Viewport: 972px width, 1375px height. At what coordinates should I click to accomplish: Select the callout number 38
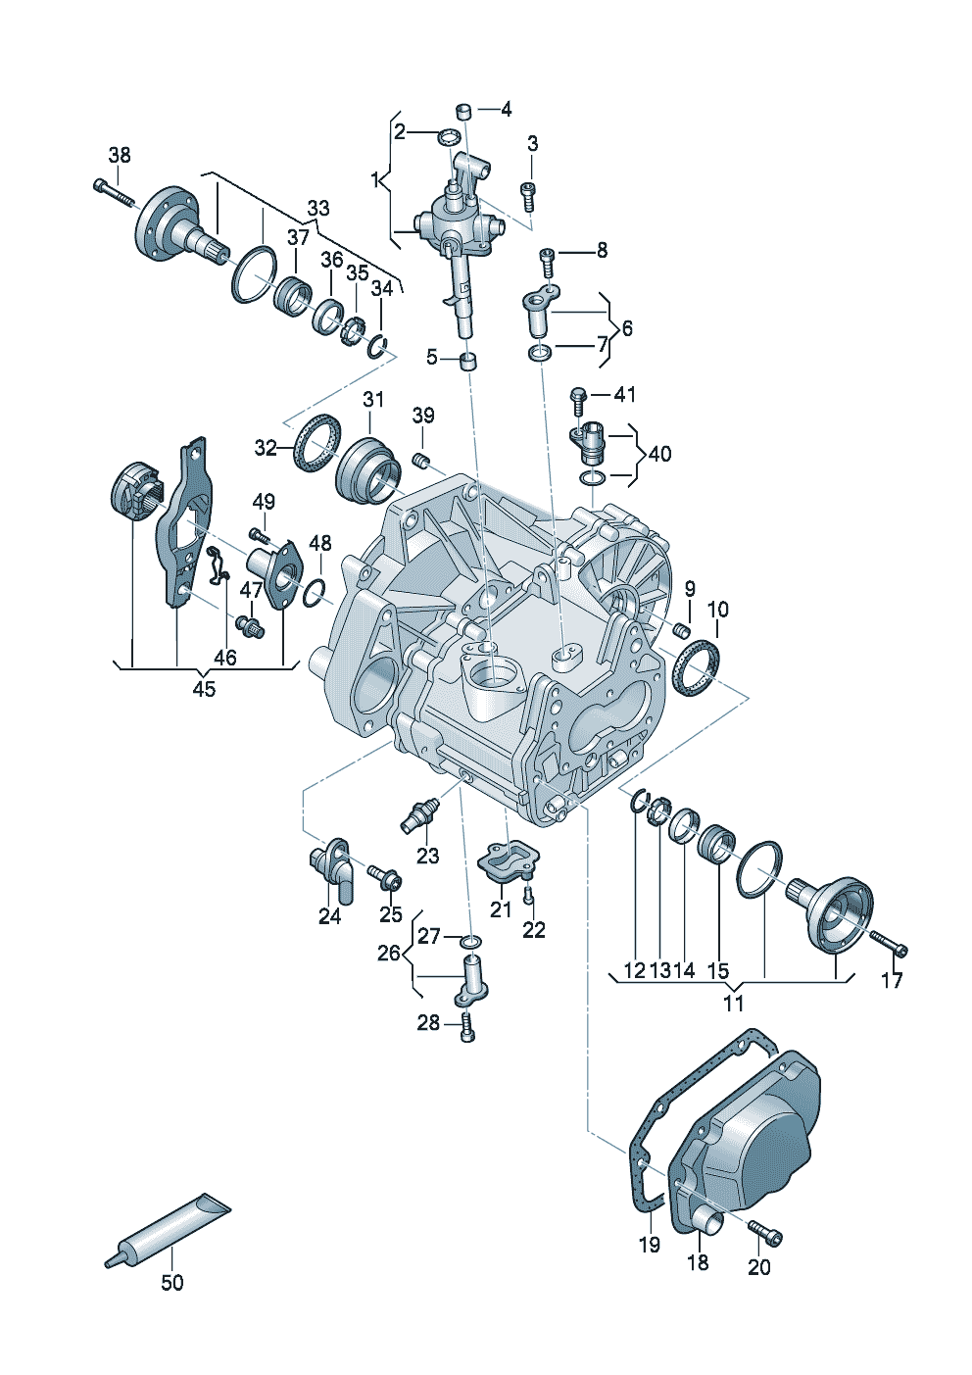(120, 155)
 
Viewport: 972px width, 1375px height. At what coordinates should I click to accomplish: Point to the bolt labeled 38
(114, 191)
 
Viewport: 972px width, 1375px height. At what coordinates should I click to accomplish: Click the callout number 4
(506, 110)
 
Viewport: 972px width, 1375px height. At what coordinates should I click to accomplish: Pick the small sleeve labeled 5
(469, 361)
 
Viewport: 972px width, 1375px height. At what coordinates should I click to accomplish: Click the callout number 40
(659, 454)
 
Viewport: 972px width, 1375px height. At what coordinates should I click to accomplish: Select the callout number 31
(372, 400)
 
